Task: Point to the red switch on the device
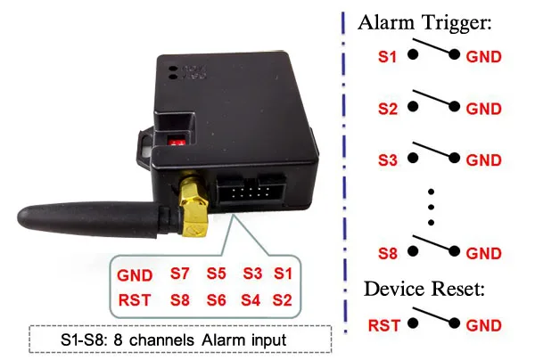coord(178,141)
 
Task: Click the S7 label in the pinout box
coord(179,274)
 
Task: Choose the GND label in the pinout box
coord(135,274)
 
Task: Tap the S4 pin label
coord(251,300)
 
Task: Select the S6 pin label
coord(217,300)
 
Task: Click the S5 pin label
coord(217,274)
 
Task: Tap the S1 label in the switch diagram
coord(385,57)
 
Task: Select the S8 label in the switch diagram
coord(385,252)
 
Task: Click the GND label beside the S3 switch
coord(484,161)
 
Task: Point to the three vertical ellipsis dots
coord(432,206)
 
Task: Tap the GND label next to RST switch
coord(484,325)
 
